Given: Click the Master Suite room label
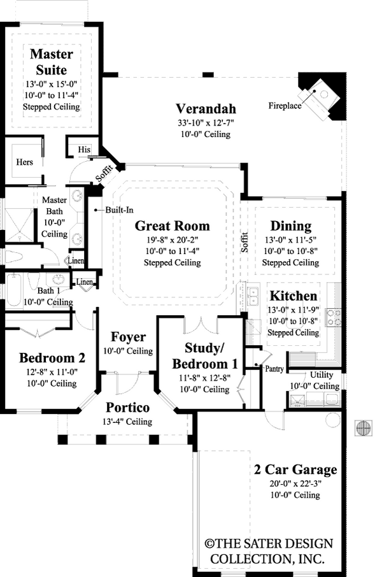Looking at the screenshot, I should [52, 62].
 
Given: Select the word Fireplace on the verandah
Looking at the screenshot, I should [284, 106].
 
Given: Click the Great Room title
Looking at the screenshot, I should [172, 226].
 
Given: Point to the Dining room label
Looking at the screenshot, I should [290, 226].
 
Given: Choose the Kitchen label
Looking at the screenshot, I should [293, 296].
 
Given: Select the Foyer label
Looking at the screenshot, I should [128, 338].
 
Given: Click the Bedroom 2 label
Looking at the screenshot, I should [48, 357].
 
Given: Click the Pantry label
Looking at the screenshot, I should [274, 367].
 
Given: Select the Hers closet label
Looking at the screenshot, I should [24, 162].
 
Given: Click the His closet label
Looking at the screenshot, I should [83, 149].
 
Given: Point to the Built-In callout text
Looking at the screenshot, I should [118, 210].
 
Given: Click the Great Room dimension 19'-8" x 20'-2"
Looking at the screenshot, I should [172, 240].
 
